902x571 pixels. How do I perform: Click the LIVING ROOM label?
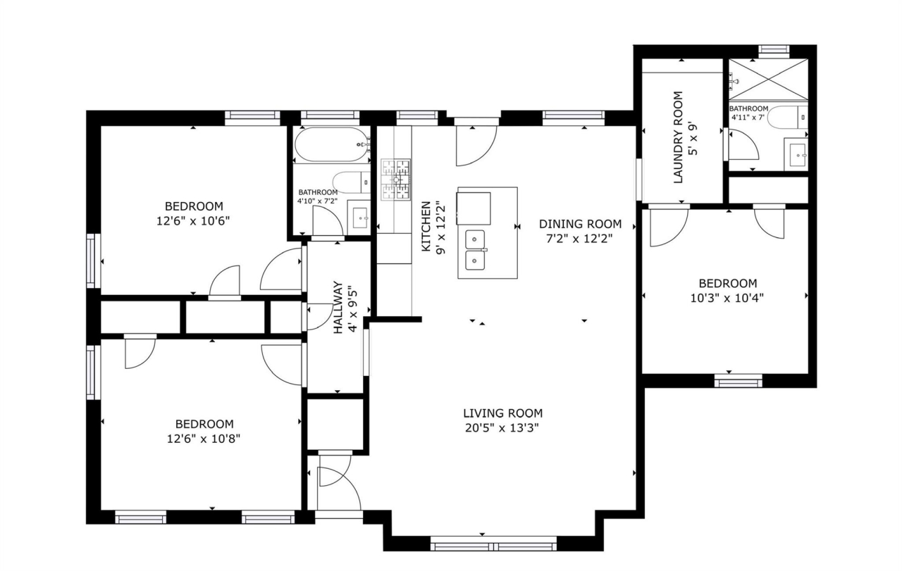coord(502,413)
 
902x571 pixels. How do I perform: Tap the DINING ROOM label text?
coord(580,224)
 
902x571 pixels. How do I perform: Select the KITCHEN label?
coord(426,227)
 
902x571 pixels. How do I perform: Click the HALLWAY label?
coord(338,307)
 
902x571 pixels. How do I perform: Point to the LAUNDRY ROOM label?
coord(679,137)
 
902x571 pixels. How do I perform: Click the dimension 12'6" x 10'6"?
coord(193,221)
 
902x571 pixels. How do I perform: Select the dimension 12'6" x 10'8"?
coord(204,439)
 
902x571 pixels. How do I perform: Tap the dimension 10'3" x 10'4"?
coord(727,299)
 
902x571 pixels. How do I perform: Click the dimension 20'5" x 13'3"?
coord(502,428)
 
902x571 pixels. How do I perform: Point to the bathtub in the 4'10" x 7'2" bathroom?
coord(332,144)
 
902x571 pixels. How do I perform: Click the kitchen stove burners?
coord(396,180)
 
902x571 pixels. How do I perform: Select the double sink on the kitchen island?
coord(475,250)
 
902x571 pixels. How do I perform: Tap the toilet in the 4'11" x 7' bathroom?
coord(787,117)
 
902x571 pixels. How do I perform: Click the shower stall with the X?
coord(768,80)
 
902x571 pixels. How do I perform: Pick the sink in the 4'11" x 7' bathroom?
coord(796,154)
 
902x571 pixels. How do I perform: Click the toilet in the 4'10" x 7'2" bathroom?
coord(352,182)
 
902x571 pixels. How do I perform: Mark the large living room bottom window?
coord(494,543)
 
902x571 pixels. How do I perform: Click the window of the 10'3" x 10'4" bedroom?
coord(739,381)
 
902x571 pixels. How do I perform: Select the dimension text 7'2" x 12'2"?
coord(579,239)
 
